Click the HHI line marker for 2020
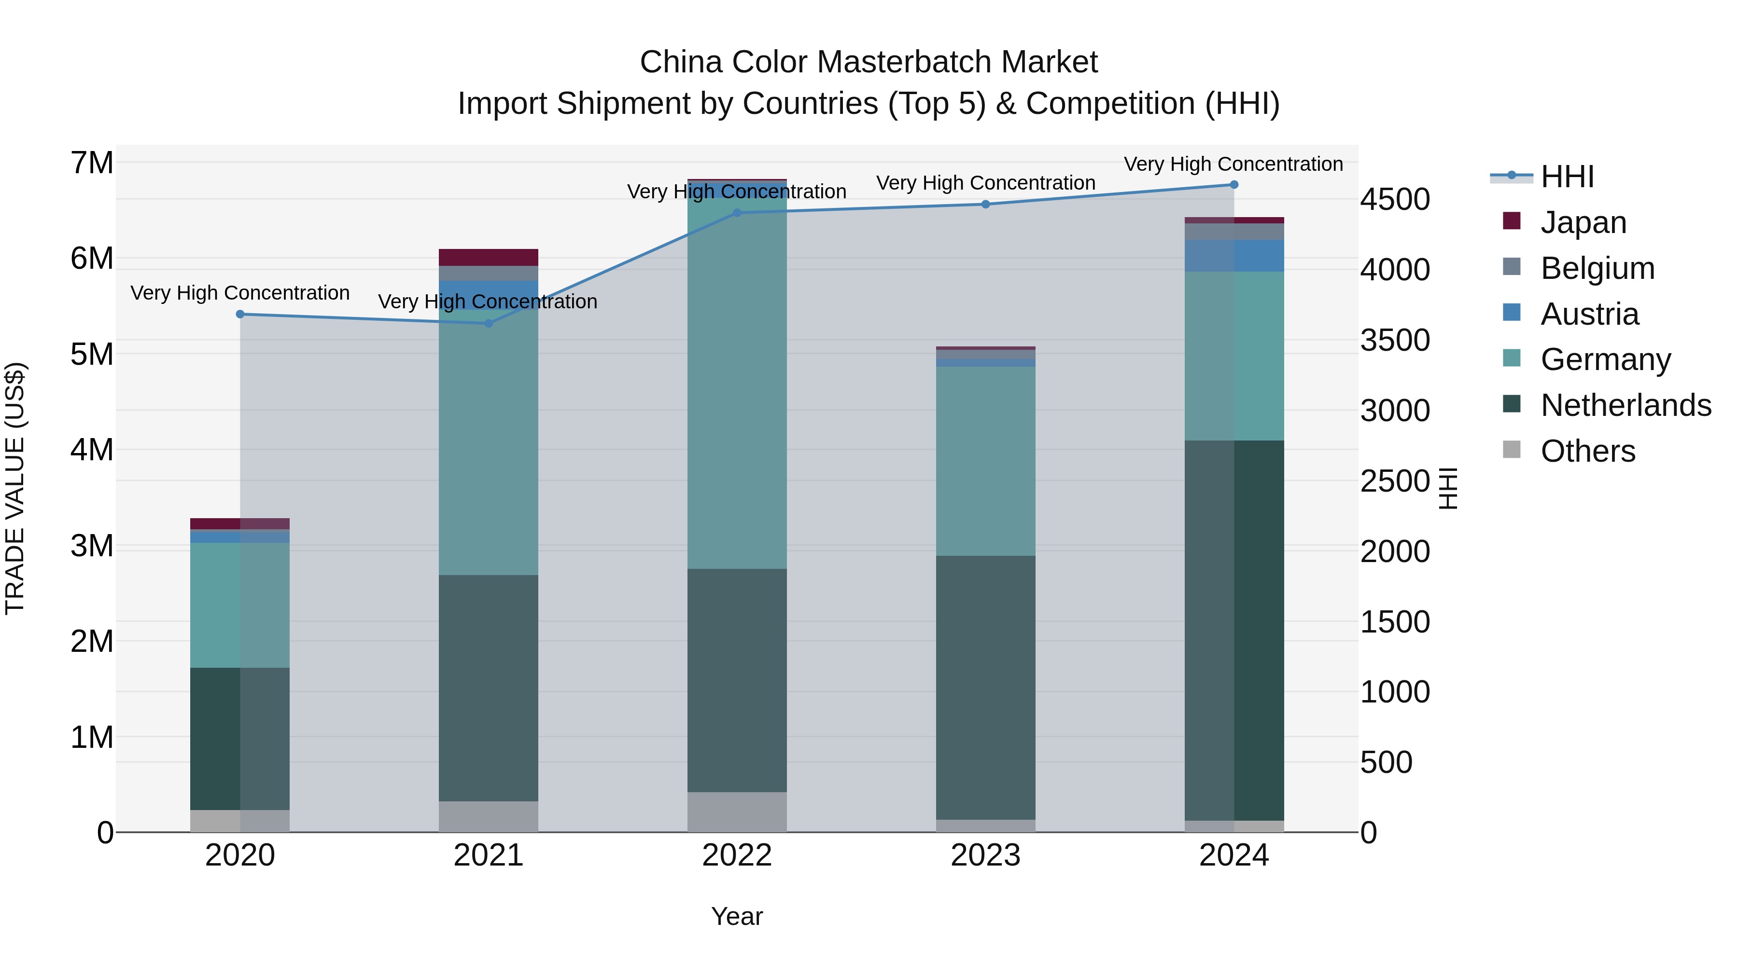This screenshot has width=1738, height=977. click(240, 314)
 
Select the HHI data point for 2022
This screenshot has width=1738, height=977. click(737, 213)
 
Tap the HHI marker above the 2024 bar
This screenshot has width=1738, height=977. click(1234, 185)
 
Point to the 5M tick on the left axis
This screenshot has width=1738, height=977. click(92, 355)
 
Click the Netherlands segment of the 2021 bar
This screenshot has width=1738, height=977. click(489, 688)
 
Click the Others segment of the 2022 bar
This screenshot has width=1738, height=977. click(737, 812)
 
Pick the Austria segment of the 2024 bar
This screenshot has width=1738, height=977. click(1234, 256)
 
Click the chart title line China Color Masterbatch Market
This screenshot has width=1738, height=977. click(869, 62)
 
